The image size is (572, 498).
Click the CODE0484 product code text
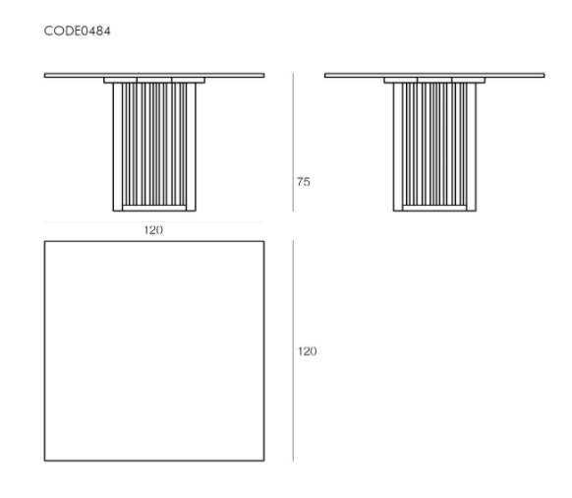pos(77,31)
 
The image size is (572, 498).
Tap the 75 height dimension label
pos(304,182)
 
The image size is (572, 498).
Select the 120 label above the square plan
pos(153,230)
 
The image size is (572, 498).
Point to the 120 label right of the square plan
pos(308,351)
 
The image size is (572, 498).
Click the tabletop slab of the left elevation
pos(154,75)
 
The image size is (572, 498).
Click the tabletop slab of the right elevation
pos(434,75)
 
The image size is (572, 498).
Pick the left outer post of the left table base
pos(118,147)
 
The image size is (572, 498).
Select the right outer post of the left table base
pos(191,147)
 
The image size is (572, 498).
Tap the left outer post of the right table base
pos(398,147)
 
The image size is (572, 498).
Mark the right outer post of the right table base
pos(471,147)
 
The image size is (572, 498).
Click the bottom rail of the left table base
pos(154,209)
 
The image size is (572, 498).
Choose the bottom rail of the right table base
pos(434,209)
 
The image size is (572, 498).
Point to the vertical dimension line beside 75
pos(293,142)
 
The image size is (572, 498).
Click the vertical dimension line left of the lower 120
pos(293,350)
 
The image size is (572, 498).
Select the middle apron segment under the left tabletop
pos(154,80)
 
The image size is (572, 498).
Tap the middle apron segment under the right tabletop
pos(434,80)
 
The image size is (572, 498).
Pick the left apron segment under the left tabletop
pos(120,80)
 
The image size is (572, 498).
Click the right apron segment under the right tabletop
pos(469,80)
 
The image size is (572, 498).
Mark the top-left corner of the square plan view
pos(44,241)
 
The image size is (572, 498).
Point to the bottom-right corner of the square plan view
pos(264,461)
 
